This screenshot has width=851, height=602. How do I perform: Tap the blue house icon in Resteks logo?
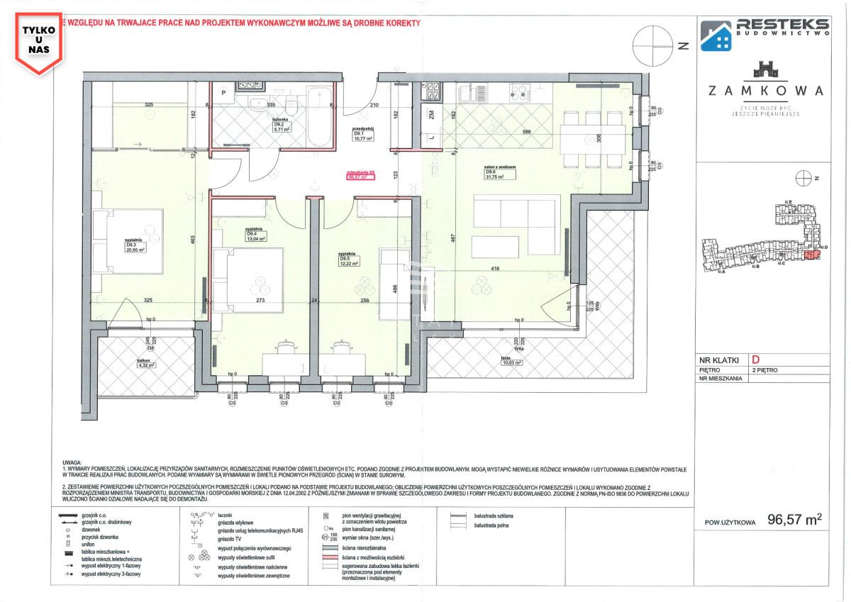point(716,35)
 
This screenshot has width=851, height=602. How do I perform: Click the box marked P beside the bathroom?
point(222,94)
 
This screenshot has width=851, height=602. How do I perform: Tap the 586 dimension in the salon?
point(525,132)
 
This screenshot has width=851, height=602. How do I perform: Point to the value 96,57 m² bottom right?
point(794,519)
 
